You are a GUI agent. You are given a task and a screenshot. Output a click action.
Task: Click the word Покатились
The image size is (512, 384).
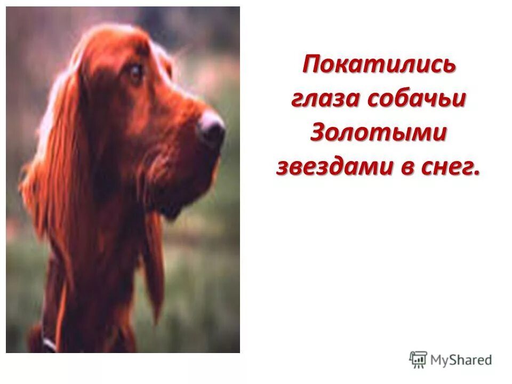pos(379,66)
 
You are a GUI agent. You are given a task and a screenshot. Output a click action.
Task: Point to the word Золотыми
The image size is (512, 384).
pos(378,133)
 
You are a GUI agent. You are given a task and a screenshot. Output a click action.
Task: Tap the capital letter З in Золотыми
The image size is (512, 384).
pos(318,133)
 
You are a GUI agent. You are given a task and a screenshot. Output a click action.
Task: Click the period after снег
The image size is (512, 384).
pos(477,172)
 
